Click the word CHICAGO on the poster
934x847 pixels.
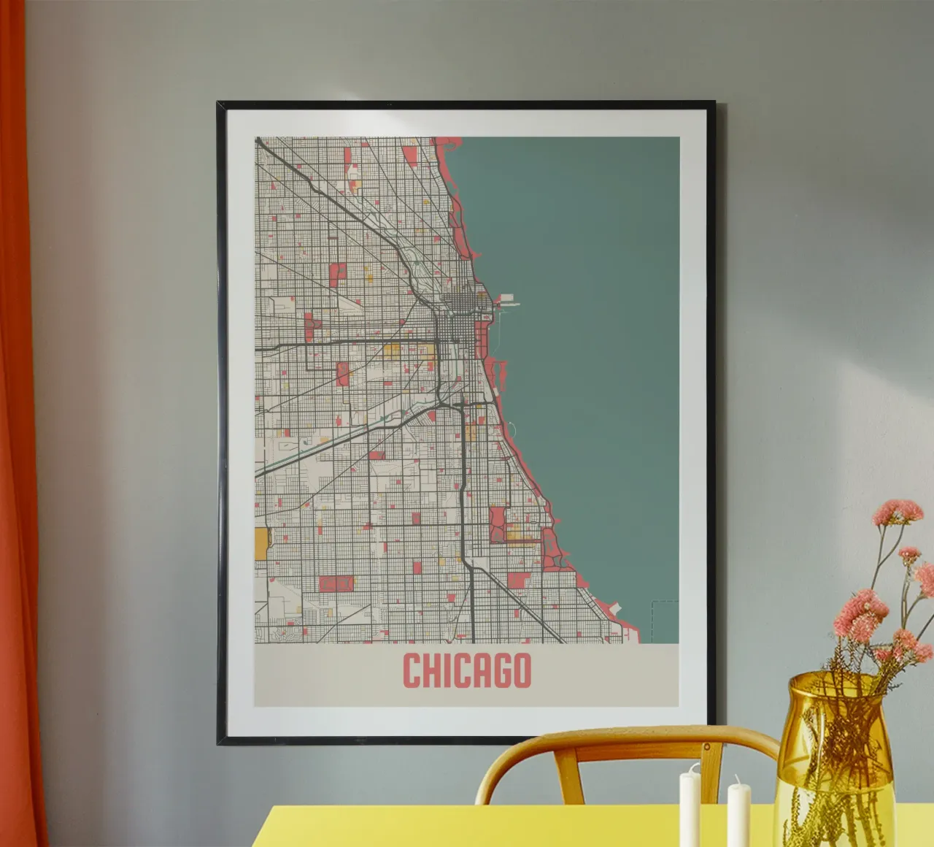(466, 670)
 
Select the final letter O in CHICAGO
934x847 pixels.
(520, 670)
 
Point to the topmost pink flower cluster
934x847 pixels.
(898, 510)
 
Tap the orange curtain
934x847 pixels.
(22, 438)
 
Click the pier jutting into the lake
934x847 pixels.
(508, 299)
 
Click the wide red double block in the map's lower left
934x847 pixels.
(336, 583)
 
